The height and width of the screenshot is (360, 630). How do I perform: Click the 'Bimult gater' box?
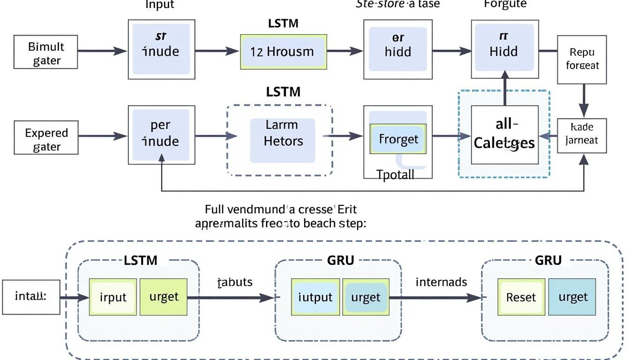click(46, 53)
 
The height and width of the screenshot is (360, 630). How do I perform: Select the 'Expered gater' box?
click(46, 139)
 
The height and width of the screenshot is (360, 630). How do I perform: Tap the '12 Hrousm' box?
click(283, 52)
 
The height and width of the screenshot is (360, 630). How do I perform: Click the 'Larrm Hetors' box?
click(283, 134)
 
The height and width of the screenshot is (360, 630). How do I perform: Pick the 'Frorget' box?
click(398, 139)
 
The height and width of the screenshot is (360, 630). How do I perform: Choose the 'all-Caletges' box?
click(504, 135)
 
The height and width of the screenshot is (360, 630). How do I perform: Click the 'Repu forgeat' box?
click(581, 59)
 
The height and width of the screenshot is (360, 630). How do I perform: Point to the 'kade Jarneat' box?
click(582, 135)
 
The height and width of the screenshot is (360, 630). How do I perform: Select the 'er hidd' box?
click(397, 45)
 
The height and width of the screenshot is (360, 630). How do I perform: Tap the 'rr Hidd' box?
click(504, 45)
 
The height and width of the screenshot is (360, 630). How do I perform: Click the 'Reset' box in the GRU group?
click(521, 297)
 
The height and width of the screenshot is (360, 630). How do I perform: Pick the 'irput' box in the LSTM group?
click(113, 297)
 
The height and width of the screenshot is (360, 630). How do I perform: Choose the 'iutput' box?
click(315, 297)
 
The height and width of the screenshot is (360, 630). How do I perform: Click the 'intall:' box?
click(31, 297)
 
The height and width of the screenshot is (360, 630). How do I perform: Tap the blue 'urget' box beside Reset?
click(572, 297)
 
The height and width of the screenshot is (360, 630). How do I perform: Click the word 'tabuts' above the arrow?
click(235, 282)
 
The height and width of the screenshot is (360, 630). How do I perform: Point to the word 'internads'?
click(441, 282)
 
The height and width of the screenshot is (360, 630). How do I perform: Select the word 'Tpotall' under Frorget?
click(396, 175)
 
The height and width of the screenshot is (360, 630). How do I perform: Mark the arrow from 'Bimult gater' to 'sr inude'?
click(102, 52)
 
